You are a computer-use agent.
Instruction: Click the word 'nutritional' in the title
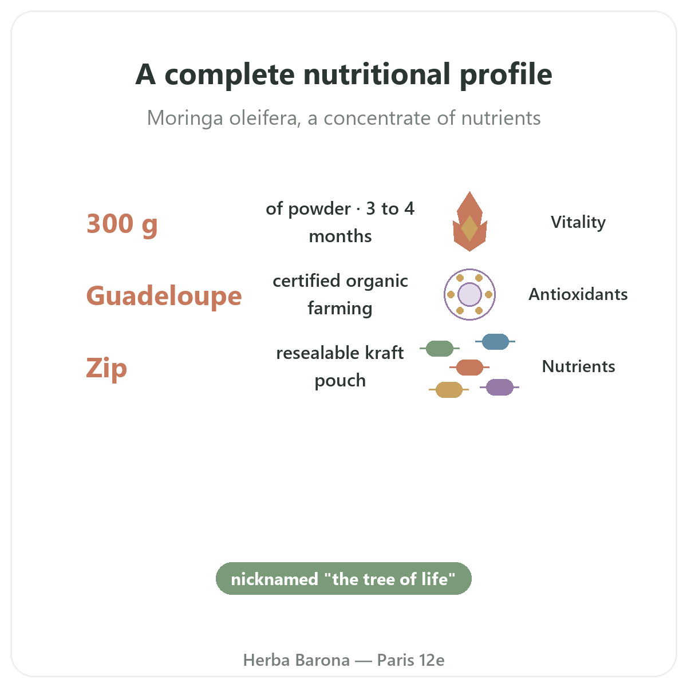[377, 74]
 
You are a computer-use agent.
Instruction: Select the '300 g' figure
[122, 224]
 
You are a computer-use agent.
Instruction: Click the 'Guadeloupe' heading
[164, 296]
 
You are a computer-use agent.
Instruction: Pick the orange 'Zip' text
[106, 368]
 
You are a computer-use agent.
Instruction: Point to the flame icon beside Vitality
[469, 222]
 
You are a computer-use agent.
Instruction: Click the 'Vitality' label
[578, 222]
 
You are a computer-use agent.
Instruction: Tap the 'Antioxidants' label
[578, 294]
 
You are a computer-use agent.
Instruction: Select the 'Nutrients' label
[578, 366]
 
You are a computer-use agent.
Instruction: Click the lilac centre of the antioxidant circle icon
[469, 294]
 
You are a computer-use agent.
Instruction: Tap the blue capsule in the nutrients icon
[495, 342]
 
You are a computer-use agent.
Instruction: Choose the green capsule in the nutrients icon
[440, 348]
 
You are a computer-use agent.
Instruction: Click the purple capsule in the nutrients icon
[499, 387]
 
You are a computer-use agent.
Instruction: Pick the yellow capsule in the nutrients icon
[449, 390]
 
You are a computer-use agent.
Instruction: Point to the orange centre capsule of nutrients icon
[469, 367]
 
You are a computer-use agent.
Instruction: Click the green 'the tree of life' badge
[343, 579]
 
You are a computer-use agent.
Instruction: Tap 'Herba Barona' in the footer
[296, 660]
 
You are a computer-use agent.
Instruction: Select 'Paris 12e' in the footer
[410, 660]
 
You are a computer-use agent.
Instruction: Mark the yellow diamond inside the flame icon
[469, 228]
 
